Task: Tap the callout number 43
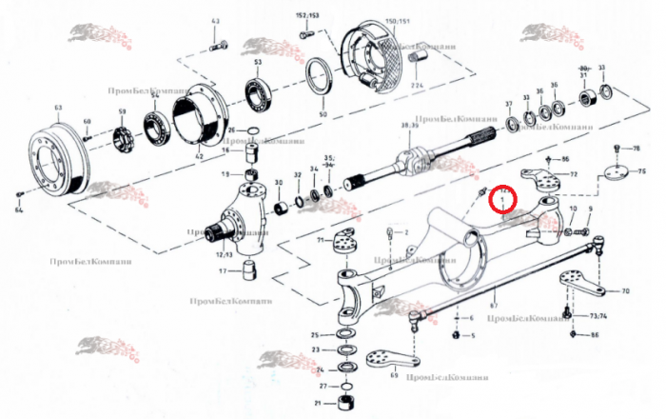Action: tap(215, 21)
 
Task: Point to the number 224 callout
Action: tap(416, 86)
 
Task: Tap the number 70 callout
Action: tap(625, 290)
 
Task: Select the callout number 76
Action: tap(637, 150)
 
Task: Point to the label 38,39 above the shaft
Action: tap(412, 126)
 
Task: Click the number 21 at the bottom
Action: tap(318, 404)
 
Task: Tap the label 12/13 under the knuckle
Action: tap(225, 253)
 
